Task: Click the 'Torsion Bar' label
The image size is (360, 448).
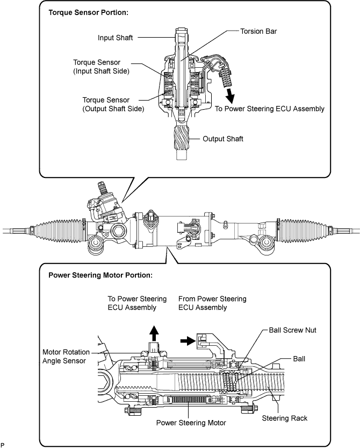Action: tap(258, 31)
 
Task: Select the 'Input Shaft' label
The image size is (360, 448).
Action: tap(116, 38)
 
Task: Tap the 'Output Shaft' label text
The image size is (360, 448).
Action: tap(222, 139)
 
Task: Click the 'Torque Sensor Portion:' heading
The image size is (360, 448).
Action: tap(89, 12)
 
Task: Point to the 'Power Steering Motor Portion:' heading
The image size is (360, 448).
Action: tap(100, 275)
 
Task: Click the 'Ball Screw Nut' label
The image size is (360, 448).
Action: tap(293, 330)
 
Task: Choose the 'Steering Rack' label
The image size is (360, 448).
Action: tap(285, 418)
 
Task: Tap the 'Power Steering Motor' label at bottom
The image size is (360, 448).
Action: tap(191, 423)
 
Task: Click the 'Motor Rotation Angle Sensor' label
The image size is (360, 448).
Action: tap(66, 356)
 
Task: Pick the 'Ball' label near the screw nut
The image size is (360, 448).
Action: tap(299, 359)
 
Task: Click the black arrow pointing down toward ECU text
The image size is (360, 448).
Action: tap(229, 96)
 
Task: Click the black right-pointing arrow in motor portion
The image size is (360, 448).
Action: tap(188, 340)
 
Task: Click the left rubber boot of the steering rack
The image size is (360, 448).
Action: tap(58, 231)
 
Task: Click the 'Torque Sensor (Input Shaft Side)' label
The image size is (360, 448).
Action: tap(102, 67)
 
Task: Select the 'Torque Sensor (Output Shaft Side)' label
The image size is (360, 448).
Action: tap(113, 104)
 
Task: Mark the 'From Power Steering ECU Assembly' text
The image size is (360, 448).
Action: tap(212, 303)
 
